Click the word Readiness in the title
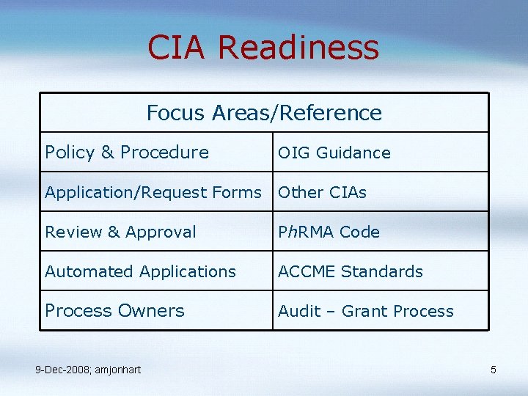pos(298,48)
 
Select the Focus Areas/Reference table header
pos(264,113)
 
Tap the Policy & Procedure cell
pos(127,153)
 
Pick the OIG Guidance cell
pos(334,153)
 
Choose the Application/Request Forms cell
pos(153,192)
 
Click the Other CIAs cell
pos(322,192)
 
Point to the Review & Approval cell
pos(120,232)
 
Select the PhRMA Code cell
pos(329,232)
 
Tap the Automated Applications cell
pos(140,271)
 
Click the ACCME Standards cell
pos(350,271)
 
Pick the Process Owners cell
pos(114,311)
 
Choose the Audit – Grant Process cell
pos(365,311)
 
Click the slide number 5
pos(494,370)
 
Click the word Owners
pos(152,311)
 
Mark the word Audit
pos(295,311)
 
